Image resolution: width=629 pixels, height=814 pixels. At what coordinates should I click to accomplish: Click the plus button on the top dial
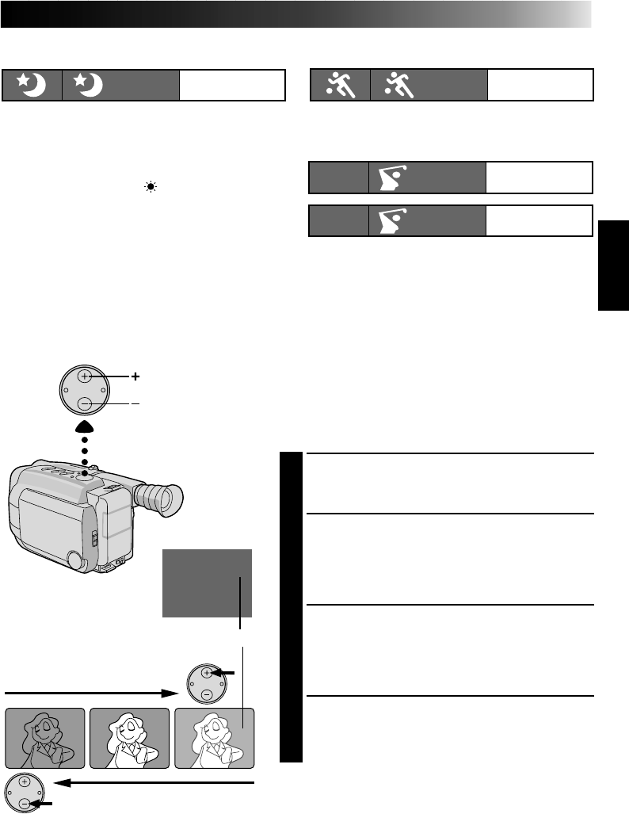point(85,376)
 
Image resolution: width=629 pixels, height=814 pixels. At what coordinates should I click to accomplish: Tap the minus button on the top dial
point(85,404)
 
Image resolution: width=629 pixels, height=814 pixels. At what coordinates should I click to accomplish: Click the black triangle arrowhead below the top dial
point(85,428)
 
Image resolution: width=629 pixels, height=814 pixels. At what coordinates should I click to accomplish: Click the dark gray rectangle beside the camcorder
point(207,583)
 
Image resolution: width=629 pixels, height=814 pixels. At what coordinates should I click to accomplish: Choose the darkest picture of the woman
point(44,738)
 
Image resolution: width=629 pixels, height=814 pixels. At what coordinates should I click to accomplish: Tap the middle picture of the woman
point(130,738)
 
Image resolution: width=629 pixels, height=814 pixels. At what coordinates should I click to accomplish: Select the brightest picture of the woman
point(215,738)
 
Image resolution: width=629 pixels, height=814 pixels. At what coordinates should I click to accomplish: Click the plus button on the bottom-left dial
point(25,783)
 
